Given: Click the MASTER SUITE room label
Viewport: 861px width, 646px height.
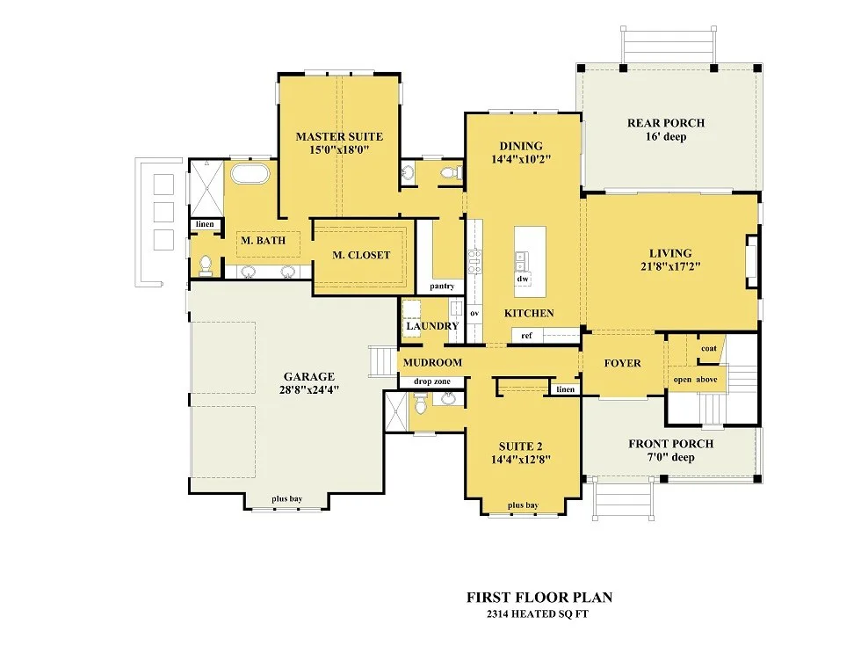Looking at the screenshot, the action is tap(339, 136).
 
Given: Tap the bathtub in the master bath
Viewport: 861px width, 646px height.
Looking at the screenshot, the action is tap(250, 173).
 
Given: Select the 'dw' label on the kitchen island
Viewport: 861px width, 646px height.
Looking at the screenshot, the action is tap(523, 279).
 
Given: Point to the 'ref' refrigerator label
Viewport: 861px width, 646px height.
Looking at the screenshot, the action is tap(526, 335).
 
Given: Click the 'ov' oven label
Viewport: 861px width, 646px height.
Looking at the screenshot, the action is tap(474, 313).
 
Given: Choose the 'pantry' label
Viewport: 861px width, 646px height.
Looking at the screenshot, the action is tap(442, 287).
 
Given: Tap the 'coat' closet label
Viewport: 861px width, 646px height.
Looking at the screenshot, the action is tap(709, 348).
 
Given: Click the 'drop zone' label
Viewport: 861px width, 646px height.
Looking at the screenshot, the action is tap(432, 381).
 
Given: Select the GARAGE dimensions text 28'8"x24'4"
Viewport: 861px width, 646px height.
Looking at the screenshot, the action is tap(309, 390).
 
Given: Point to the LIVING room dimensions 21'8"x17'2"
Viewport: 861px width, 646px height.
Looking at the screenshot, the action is tap(670, 267).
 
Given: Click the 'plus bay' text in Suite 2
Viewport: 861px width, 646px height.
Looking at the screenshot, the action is tap(523, 505).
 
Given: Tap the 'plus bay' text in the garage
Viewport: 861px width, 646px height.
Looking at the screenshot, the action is tap(287, 499).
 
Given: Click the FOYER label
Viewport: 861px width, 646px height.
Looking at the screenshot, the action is tap(623, 363).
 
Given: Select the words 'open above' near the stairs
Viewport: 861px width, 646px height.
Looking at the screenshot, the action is tap(696, 380).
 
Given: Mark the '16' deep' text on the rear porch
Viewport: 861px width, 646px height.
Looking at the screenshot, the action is tap(666, 137).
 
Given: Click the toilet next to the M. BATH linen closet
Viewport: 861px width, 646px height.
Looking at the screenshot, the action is tap(206, 265).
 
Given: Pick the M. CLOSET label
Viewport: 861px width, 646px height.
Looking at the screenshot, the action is tap(361, 255).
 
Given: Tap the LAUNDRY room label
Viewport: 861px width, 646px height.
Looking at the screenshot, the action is tap(432, 326).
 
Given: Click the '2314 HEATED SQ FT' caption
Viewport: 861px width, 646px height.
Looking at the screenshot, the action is tap(538, 614).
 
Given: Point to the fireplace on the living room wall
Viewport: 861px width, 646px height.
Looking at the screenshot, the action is tap(751, 262).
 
